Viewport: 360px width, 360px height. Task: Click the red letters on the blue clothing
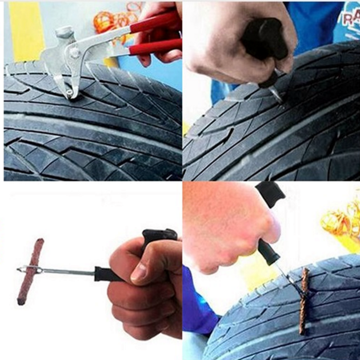(350, 17)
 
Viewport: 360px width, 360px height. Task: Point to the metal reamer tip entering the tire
(277, 94)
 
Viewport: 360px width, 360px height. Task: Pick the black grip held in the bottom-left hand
(109, 274)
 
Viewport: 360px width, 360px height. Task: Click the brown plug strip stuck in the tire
(302, 300)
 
